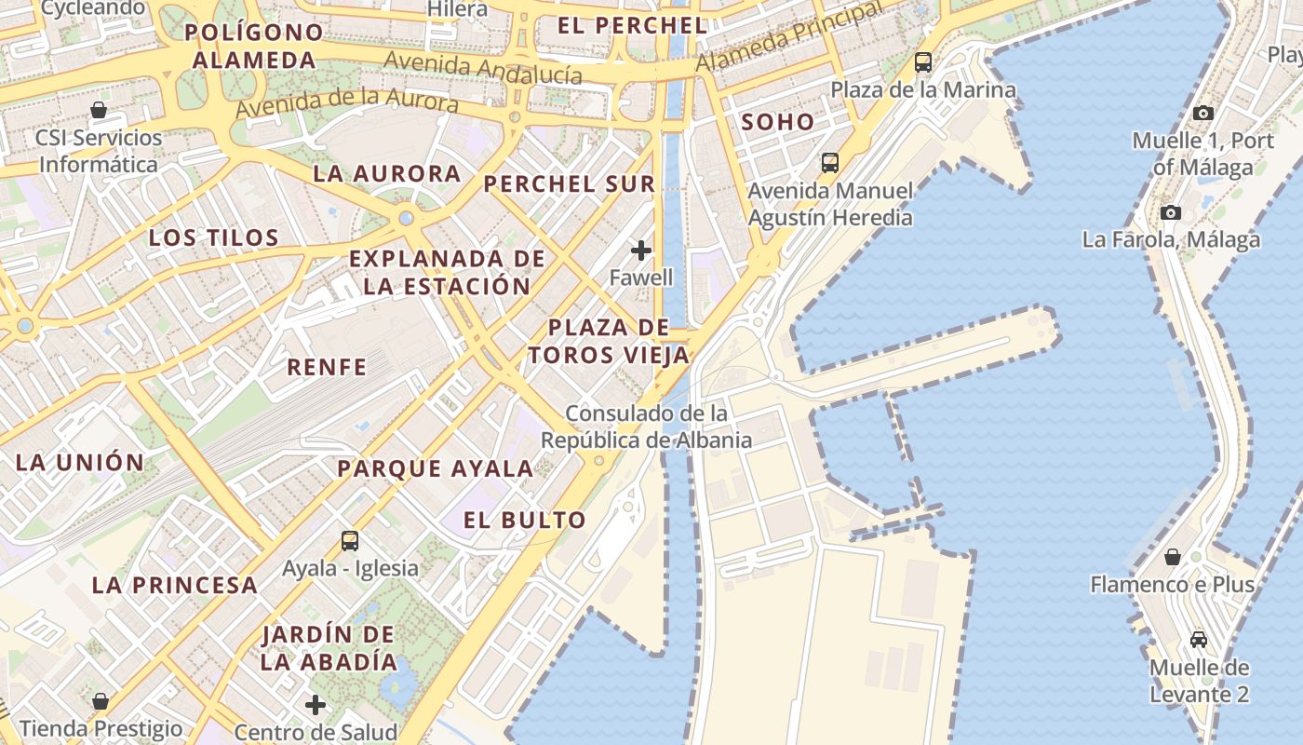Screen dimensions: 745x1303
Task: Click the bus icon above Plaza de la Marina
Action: [922, 62]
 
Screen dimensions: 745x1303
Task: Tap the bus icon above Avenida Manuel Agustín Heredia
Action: [829, 163]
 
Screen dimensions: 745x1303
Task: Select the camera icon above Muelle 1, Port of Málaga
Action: [1202, 113]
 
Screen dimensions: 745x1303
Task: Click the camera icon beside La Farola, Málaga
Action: [1171, 212]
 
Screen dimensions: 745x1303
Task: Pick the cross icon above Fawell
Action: [640, 250]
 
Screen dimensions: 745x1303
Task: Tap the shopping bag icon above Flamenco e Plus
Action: [1173, 557]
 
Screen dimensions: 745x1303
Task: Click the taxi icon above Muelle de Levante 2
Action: [1199, 640]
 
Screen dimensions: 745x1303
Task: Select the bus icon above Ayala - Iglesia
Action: [350, 540]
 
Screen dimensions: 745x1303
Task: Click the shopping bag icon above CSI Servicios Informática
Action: [99, 110]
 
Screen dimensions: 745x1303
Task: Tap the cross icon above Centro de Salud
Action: [316, 704]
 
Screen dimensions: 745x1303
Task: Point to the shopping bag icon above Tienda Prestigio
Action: [101, 700]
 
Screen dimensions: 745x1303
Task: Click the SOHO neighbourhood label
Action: [777, 122]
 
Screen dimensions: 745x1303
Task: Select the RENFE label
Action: [327, 367]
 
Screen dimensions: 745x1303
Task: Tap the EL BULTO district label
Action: [525, 521]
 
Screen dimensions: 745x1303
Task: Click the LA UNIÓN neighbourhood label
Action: [80, 462]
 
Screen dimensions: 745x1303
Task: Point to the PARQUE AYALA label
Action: [436, 468]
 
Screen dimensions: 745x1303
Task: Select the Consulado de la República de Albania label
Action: [647, 427]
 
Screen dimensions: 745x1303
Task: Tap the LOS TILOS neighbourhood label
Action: [214, 237]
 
